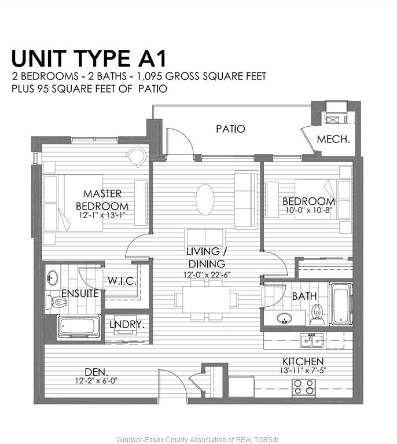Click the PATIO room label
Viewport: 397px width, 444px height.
pyautogui.click(x=230, y=129)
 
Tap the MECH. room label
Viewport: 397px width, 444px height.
pyautogui.click(x=333, y=139)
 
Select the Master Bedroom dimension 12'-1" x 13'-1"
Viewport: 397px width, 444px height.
pyautogui.click(x=102, y=215)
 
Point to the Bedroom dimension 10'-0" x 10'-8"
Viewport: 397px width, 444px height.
pyautogui.click(x=308, y=210)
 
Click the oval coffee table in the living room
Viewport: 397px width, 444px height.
pyautogui.click(x=205, y=200)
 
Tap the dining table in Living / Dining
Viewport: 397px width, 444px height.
pyautogui.click(x=207, y=300)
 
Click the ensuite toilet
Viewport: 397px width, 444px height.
pyautogui.click(x=56, y=302)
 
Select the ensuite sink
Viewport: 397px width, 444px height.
pyautogui.click(x=53, y=277)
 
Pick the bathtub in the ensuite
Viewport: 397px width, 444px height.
pyautogui.click(x=79, y=327)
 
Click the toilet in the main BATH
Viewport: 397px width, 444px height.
pyautogui.click(x=317, y=314)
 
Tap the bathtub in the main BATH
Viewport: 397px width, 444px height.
pyautogui.click(x=341, y=304)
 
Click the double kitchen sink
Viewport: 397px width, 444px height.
pyautogui.click(x=312, y=340)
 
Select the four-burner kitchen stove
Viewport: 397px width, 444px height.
pyautogui.click(x=304, y=387)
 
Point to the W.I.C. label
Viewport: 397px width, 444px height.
pyautogui.click(x=122, y=281)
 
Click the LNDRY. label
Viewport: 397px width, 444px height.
pyautogui.click(x=127, y=325)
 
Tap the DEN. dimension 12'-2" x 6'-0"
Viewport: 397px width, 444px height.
pyautogui.click(x=96, y=380)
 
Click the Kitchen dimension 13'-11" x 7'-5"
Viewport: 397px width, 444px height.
pyautogui.click(x=303, y=370)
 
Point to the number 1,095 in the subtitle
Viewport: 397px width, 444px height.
pyautogui.click(x=149, y=76)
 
